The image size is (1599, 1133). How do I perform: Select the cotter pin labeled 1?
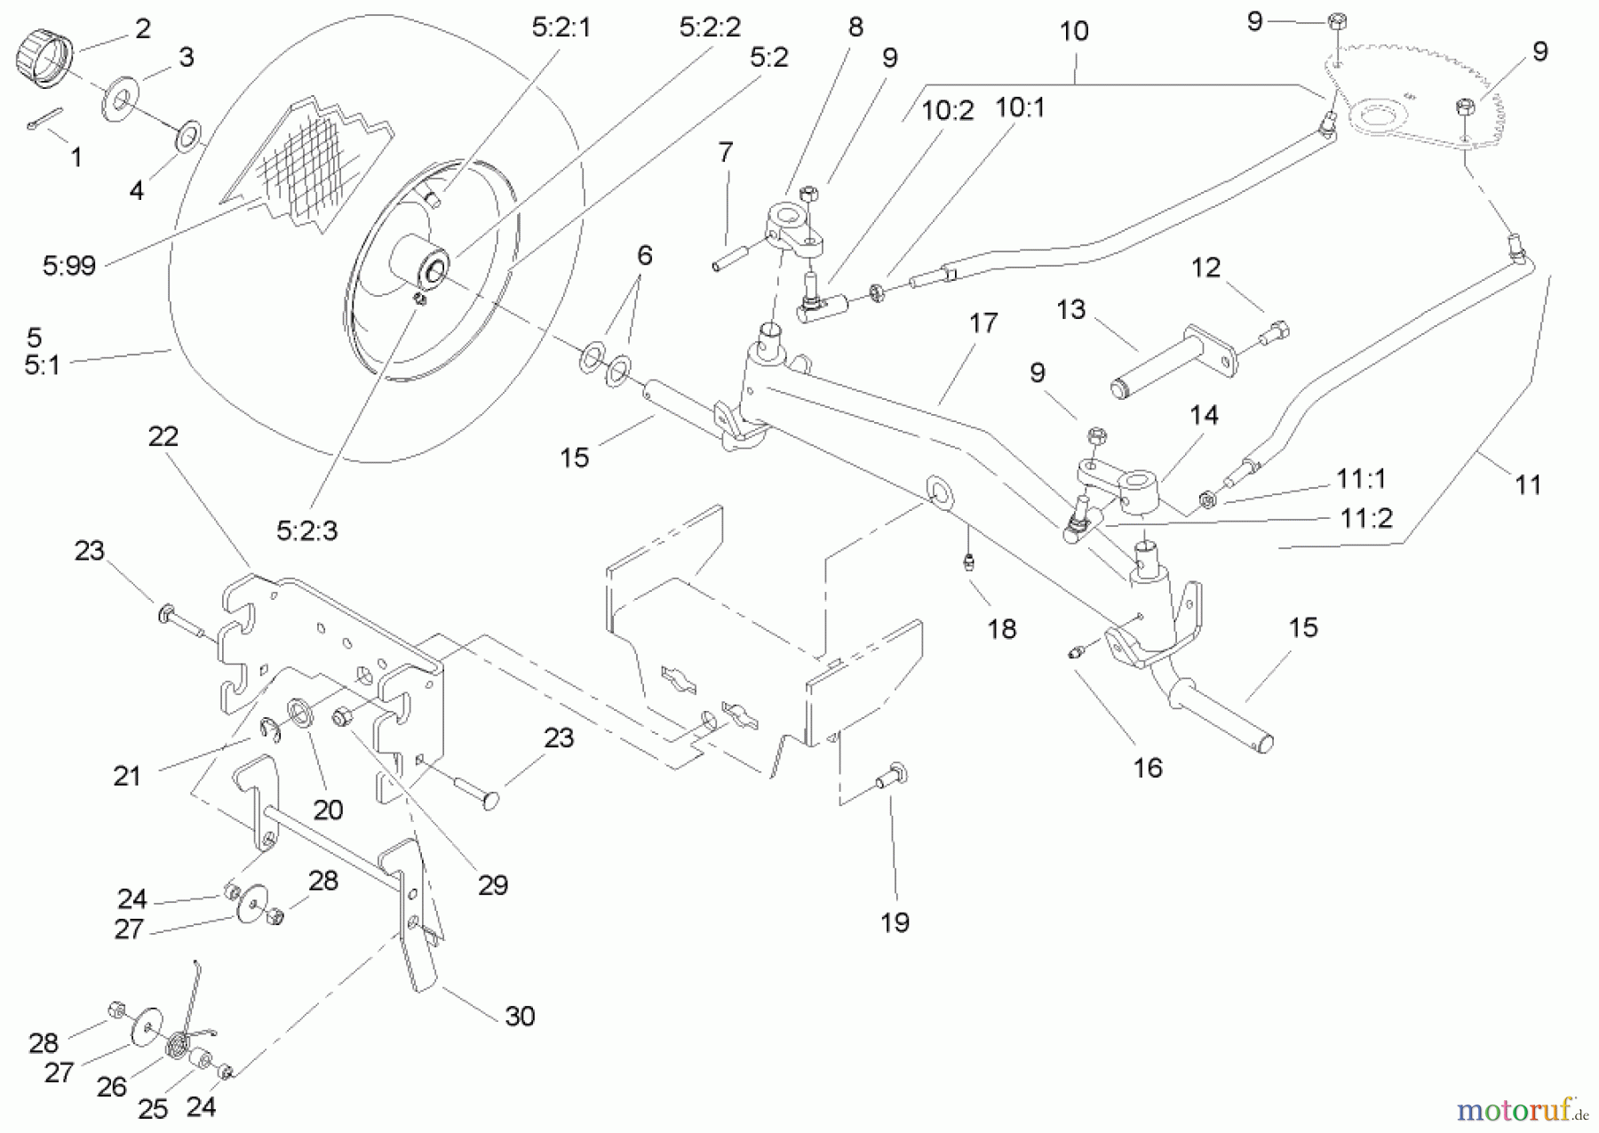pyautogui.click(x=44, y=119)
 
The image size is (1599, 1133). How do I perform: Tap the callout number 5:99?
pyautogui.click(x=68, y=265)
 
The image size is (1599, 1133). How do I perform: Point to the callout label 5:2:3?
pyautogui.click(x=306, y=531)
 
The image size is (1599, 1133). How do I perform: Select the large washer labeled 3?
pyautogui.click(x=117, y=101)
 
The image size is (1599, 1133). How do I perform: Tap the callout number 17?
pyautogui.click(x=983, y=323)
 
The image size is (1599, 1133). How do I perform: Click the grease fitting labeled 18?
pyautogui.click(x=969, y=561)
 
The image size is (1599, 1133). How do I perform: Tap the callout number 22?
pyautogui.click(x=163, y=435)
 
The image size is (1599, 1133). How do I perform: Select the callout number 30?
pyautogui.click(x=519, y=1015)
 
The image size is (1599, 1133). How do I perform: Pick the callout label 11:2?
pyautogui.click(x=1365, y=517)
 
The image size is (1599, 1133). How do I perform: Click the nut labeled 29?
pyautogui.click(x=339, y=716)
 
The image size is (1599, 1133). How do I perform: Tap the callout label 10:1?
pyautogui.click(x=1020, y=108)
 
